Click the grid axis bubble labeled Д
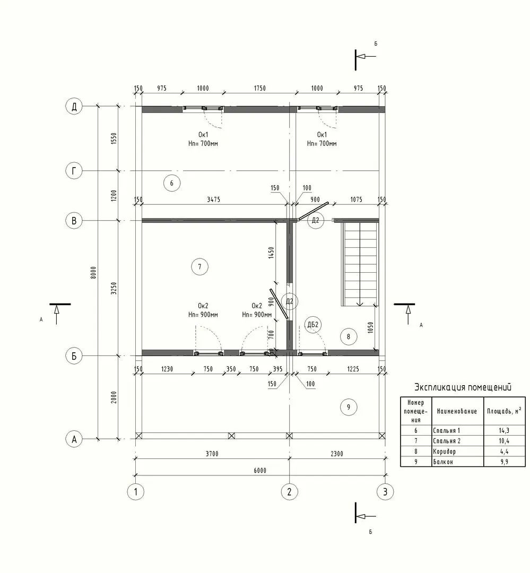[74, 107]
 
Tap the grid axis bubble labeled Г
[74, 171]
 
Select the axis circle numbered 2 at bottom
[290, 492]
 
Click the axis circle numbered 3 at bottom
[385, 492]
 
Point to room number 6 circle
[172, 183]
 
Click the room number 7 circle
[199, 266]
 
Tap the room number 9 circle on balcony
[349, 407]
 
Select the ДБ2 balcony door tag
[313, 325]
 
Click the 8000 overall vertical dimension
[93, 273]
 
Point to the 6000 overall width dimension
[260, 470]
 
